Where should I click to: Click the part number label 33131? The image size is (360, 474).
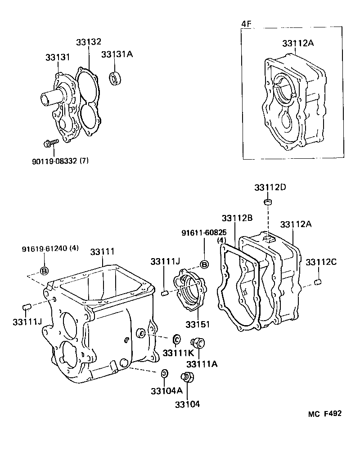pyautogui.click(x=57, y=58)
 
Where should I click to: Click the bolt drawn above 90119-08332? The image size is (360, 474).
pyautogui.click(x=50, y=143)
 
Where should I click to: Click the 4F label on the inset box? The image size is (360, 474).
pyautogui.click(x=247, y=23)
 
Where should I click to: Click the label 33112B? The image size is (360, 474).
pyautogui.click(x=237, y=218)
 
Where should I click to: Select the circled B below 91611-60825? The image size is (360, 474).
pyautogui.click(x=204, y=264)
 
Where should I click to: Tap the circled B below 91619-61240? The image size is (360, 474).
pyautogui.click(x=45, y=270)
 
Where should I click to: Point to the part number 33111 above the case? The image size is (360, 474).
pyautogui.click(x=102, y=252)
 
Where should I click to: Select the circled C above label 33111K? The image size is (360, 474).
pyautogui.click(x=177, y=338)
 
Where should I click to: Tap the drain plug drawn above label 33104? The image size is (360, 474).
pyautogui.click(x=187, y=377)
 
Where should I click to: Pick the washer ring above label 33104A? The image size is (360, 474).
pyautogui.click(x=165, y=373)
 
